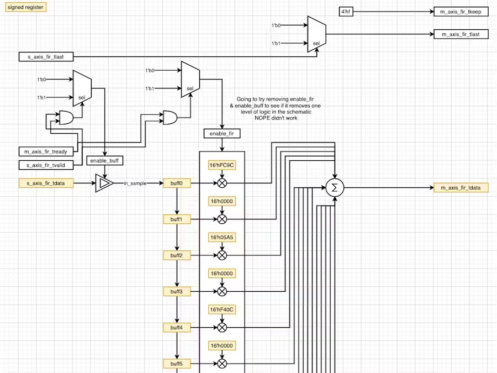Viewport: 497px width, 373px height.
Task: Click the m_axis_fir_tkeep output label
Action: pos(461,12)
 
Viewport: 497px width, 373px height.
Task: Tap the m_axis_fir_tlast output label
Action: pos(461,34)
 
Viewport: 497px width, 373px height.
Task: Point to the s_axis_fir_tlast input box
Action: pos(46,56)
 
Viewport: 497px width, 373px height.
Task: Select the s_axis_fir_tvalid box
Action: pos(46,165)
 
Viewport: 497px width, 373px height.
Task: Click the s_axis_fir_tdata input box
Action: pos(46,183)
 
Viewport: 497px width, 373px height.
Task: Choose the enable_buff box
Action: pos(105,161)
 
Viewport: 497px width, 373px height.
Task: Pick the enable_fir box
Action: pos(222,133)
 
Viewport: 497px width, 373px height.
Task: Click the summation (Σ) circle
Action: pos(334,188)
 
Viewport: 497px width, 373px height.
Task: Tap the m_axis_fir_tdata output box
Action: pos(461,188)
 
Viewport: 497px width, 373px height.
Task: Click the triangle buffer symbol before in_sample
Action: pos(104,183)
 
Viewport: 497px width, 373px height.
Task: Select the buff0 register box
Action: pos(177,183)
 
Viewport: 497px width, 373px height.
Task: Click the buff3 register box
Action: pos(177,291)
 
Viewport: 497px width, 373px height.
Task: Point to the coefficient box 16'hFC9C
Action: pos(222,165)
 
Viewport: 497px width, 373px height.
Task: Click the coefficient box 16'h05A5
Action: pos(222,238)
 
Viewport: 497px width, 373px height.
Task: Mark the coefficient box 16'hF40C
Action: pos(222,309)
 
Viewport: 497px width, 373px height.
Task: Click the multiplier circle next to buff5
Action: pos(222,364)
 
